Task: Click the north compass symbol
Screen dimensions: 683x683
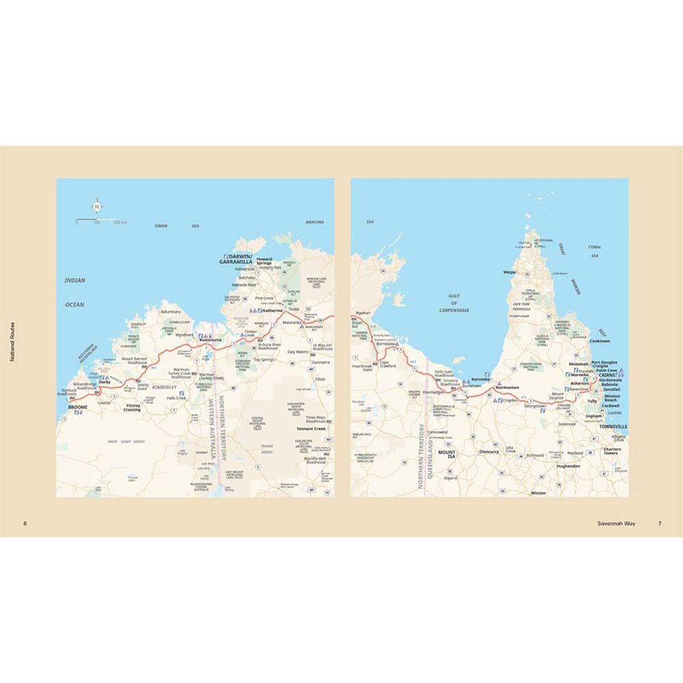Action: point(96,206)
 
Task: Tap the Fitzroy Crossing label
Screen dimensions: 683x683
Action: point(132,408)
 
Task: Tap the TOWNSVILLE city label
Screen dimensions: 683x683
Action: point(611,426)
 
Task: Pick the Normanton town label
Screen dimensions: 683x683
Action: point(507,387)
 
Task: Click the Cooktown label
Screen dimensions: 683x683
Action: point(600,340)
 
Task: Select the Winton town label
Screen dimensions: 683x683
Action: point(538,492)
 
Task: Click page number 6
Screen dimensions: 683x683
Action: point(25,524)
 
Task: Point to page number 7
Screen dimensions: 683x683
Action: point(659,524)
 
